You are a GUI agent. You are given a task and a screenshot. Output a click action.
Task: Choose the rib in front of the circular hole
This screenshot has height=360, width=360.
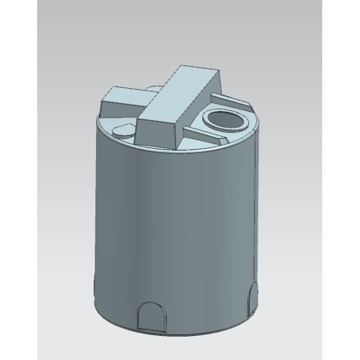tap(204, 135)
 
